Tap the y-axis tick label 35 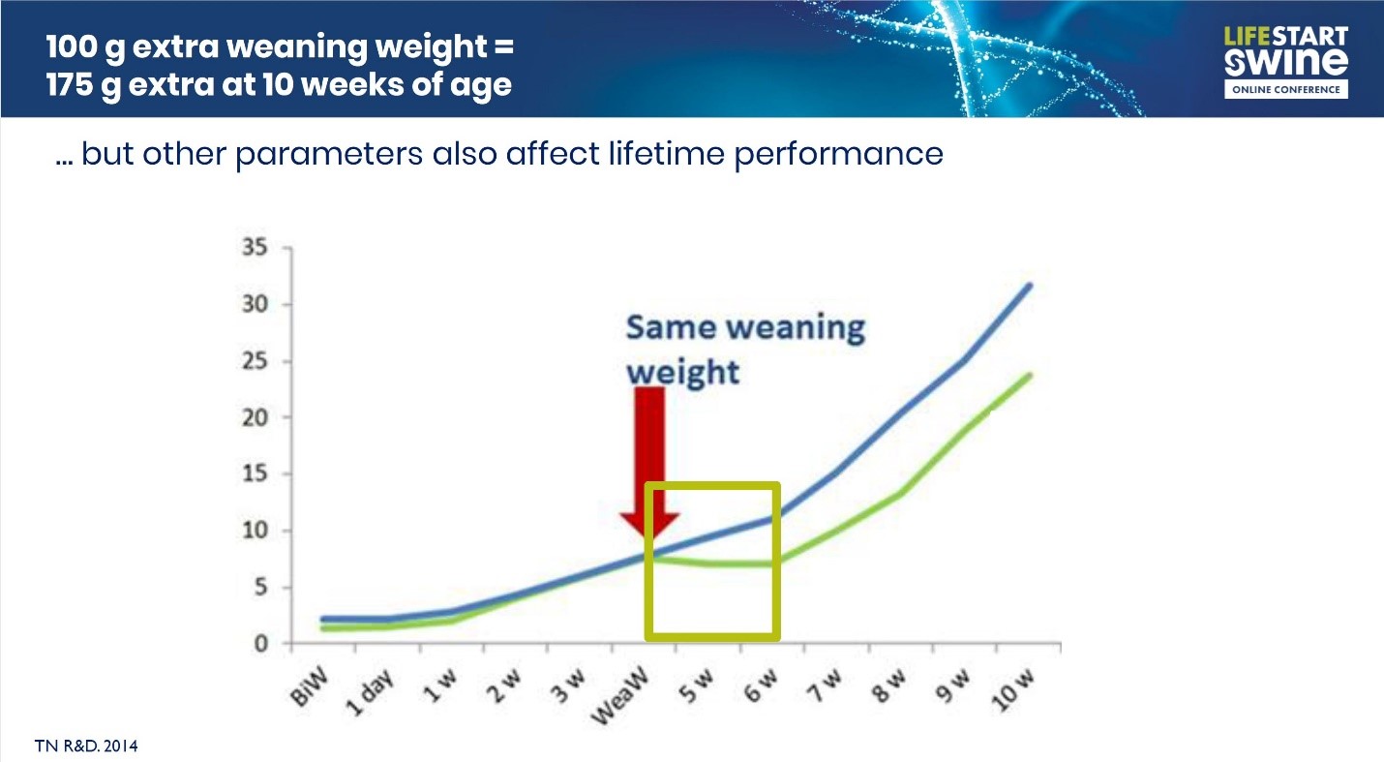click(x=254, y=248)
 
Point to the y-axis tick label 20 click(x=254, y=418)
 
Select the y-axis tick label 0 click(x=259, y=644)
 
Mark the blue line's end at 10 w click(x=1030, y=285)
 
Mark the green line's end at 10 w click(x=1030, y=375)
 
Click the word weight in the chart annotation click(x=682, y=372)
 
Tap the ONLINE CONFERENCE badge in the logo click(x=1285, y=89)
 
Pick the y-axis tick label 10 click(x=254, y=531)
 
